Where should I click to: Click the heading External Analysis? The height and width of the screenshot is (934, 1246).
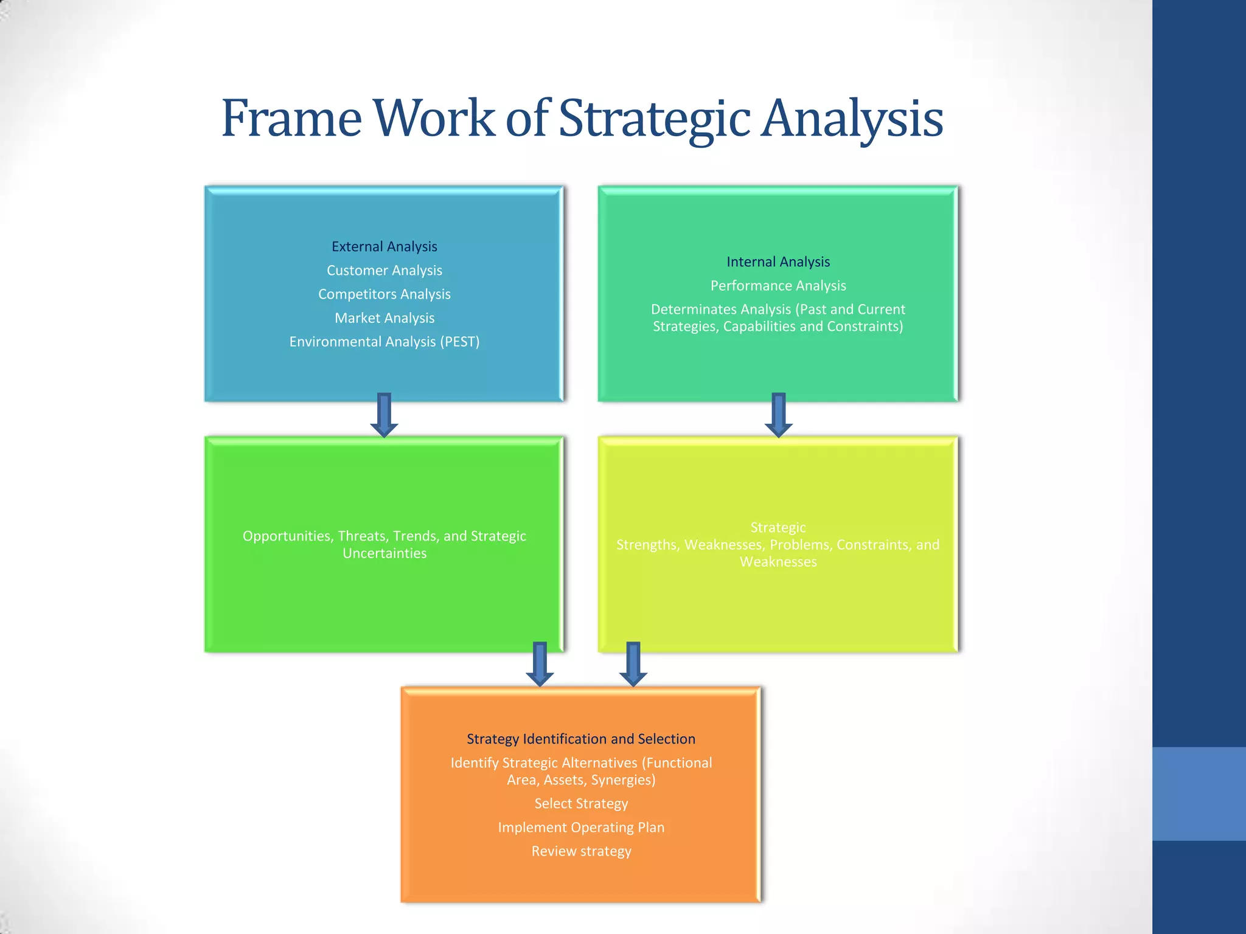[385, 246]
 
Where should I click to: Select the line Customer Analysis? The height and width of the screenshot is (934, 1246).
[385, 270]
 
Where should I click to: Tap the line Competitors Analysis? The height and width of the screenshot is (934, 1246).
[385, 294]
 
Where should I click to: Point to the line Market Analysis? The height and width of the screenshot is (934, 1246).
[385, 318]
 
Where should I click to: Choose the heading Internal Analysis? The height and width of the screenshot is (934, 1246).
[778, 261]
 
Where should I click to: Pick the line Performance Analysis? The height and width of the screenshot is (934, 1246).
[778, 286]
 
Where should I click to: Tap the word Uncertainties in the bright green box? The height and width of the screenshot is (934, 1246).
[385, 553]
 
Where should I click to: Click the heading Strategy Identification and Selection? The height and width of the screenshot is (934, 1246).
[581, 739]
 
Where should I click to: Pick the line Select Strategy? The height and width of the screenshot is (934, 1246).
[581, 803]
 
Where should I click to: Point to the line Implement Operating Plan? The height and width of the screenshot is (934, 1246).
[581, 828]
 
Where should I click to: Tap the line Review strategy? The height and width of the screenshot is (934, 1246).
[581, 851]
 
